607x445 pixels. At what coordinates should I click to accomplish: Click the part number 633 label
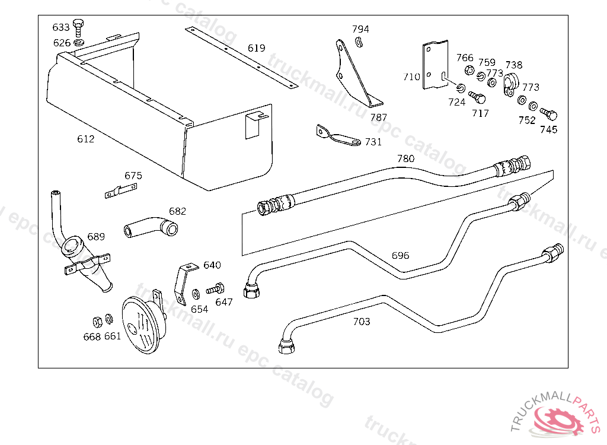(x=61, y=27)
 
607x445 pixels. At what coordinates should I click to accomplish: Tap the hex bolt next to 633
(x=79, y=27)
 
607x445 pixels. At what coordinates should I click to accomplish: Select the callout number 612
(x=85, y=139)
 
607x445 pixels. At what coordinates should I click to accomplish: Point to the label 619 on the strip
(x=256, y=48)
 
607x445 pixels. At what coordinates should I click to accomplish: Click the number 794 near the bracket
(x=360, y=29)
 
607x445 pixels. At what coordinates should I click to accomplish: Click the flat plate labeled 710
(x=435, y=65)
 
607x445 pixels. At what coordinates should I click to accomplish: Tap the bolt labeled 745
(x=549, y=113)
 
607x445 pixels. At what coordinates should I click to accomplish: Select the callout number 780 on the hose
(x=405, y=158)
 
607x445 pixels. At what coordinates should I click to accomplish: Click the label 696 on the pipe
(x=400, y=256)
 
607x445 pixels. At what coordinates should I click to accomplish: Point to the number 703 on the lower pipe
(x=362, y=322)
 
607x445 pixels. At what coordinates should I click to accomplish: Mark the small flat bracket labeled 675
(x=120, y=190)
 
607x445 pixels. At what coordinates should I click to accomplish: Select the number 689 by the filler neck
(x=96, y=237)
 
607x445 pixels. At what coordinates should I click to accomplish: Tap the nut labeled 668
(x=98, y=322)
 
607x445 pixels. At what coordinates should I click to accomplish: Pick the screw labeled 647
(x=215, y=289)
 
